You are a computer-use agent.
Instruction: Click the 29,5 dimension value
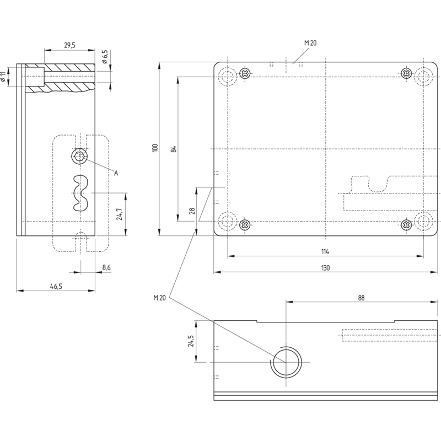point(70,45)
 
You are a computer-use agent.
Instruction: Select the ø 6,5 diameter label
point(105,57)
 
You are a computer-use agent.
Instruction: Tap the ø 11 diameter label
point(3,77)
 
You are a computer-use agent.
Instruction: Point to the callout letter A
point(116,173)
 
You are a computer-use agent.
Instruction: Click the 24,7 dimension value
point(119,214)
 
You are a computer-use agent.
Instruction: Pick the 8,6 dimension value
point(106,267)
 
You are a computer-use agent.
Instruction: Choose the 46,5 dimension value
point(56,286)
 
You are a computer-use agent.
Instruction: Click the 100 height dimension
point(155,148)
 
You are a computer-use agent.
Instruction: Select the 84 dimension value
point(174,149)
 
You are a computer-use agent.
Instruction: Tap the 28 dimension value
point(192,211)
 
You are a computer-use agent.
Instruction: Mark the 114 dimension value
point(325,252)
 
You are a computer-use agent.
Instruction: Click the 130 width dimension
point(325,268)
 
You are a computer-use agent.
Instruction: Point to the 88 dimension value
point(361,298)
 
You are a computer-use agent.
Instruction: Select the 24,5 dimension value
point(191,341)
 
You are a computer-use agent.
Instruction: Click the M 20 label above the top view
point(310,43)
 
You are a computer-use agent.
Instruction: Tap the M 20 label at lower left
point(159,298)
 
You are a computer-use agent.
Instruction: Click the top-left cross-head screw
point(245,74)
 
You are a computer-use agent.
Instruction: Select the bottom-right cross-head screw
point(406,224)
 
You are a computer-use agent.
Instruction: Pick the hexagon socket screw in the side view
point(79,156)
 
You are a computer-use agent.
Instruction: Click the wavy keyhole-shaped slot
point(80,193)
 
